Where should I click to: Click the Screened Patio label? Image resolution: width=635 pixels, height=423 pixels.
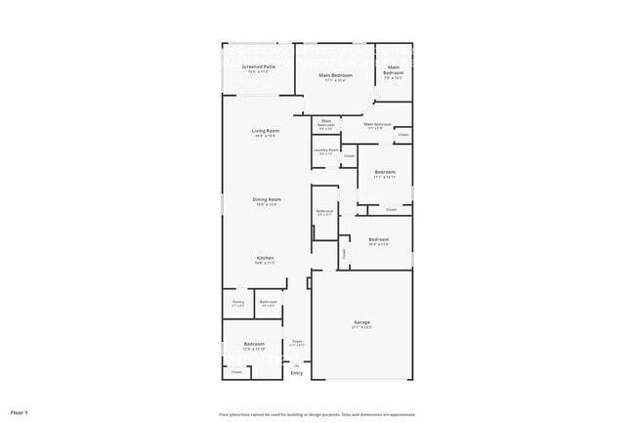[259, 67]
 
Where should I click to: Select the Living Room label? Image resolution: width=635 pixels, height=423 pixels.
[266, 132]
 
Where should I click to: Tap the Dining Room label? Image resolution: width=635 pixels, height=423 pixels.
[267, 200]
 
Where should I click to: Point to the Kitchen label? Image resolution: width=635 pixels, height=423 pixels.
[265, 259]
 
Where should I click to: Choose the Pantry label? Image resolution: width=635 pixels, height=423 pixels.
[238, 303]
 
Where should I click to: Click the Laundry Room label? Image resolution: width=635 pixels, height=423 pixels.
[326, 150]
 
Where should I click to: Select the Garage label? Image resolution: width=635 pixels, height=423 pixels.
[361, 323]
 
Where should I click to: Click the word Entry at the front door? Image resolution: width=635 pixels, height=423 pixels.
[297, 373]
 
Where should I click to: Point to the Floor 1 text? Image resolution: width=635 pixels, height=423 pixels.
[20, 413]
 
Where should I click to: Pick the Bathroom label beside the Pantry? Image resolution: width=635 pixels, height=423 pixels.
[269, 303]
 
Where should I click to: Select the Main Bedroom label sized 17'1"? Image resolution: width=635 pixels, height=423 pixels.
[336, 76]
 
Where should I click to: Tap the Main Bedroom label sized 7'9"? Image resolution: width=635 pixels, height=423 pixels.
[393, 71]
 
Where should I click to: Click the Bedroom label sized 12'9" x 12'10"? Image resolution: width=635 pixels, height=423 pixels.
[254, 346]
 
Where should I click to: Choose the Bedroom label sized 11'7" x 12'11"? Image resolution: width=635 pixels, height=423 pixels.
[385, 174]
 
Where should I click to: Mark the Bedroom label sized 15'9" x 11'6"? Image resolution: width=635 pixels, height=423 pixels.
[379, 240]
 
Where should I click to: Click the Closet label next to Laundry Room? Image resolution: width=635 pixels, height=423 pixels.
[349, 156]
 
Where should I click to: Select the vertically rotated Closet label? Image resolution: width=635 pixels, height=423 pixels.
[344, 253]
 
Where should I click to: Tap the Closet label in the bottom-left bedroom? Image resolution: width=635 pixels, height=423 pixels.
[236, 371]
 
